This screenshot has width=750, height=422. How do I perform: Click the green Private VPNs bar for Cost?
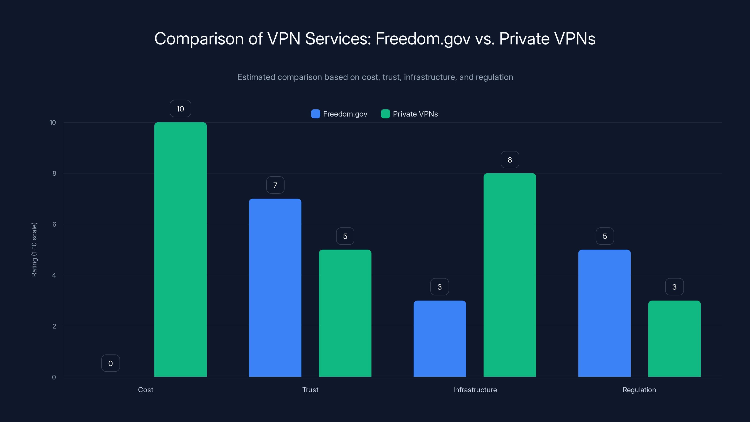(180, 250)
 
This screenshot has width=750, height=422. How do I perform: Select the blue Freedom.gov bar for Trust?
(275, 288)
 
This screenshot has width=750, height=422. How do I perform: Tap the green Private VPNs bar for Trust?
(345, 313)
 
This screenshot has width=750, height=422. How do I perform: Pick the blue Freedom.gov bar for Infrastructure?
(440, 339)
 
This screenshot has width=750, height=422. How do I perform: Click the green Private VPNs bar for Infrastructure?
(510, 275)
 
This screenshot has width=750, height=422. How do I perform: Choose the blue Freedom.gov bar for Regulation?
(604, 313)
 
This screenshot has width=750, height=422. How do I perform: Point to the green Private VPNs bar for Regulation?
(674, 339)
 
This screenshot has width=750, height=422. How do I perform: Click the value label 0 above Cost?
(110, 363)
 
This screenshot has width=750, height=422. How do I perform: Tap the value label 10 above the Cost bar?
(180, 109)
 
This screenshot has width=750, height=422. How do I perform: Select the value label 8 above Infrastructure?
(510, 160)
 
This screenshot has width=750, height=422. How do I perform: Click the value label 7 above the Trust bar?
(275, 185)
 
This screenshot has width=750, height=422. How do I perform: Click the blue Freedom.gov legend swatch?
(315, 114)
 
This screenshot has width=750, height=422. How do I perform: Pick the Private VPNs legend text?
(415, 114)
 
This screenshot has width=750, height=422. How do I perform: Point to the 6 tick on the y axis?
(54, 224)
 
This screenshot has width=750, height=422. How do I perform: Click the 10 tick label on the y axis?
(53, 122)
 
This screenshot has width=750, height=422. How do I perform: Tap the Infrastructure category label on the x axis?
(475, 390)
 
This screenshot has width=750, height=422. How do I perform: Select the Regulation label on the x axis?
(639, 390)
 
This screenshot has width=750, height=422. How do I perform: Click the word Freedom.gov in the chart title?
(423, 39)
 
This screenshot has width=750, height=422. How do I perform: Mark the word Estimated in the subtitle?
(256, 77)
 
